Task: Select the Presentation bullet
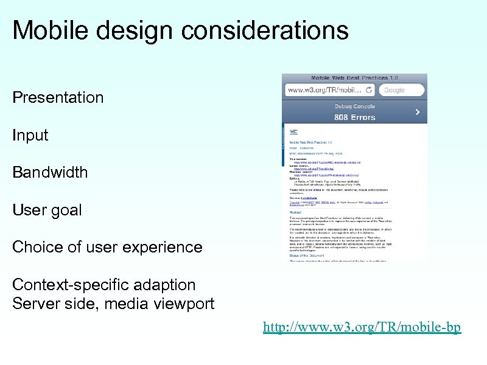58,97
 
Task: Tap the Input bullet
30,135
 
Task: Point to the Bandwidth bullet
50,172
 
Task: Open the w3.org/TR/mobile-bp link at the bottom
362,327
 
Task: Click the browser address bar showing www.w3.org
329,90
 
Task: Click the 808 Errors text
354,117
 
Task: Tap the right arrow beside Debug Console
417,112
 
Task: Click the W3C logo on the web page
293,131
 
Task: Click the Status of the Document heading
310,255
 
